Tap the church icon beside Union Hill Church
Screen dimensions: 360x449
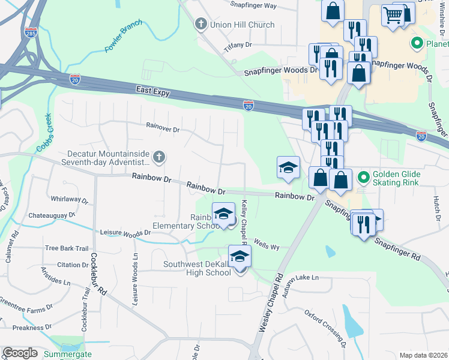click(x=201, y=25)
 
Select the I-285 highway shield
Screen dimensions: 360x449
click(x=31, y=31)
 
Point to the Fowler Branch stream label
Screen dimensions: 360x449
click(x=124, y=37)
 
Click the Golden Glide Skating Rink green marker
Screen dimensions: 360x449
click(x=363, y=178)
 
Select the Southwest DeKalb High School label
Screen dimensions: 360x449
click(x=198, y=268)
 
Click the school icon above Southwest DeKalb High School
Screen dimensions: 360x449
click(x=240, y=256)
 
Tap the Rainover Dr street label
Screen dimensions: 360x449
click(x=163, y=128)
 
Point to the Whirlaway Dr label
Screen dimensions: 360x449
click(x=70, y=199)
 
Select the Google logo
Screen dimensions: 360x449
click(x=20, y=353)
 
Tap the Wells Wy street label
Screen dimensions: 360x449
click(x=267, y=246)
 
